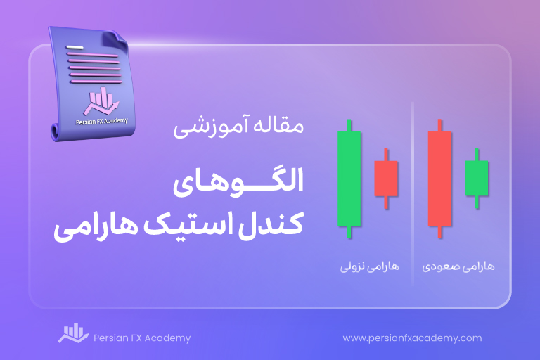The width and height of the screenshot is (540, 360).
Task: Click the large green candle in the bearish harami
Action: (x=349, y=179)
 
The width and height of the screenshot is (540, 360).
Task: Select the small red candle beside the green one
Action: (x=386, y=179)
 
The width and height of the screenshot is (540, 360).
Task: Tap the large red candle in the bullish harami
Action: (x=439, y=179)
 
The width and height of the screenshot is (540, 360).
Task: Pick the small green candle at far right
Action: (x=477, y=179)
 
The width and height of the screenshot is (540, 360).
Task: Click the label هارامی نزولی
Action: (x=370, y=267)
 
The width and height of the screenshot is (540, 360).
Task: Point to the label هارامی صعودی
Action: (x=458, y=267)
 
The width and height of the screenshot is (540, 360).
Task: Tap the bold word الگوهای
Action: (x=238, y=182)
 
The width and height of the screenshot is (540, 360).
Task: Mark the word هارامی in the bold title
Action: (x=96, y=228)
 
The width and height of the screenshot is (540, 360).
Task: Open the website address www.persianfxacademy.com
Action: (x=412, y=338)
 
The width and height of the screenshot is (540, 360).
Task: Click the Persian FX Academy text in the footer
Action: (x=142, y=338)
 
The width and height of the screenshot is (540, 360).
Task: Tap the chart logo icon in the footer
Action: (x=73, y=333)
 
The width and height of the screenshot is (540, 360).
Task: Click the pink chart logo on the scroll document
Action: (x=101, y=101)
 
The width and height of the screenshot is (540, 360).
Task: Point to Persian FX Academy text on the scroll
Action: (x=102, y=121)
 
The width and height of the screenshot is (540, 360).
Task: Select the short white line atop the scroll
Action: (x=75, y=47)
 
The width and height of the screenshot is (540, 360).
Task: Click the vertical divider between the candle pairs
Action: (x=413, y=193)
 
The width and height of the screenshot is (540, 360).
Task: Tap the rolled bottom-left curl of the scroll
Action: (x=55, y=132)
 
